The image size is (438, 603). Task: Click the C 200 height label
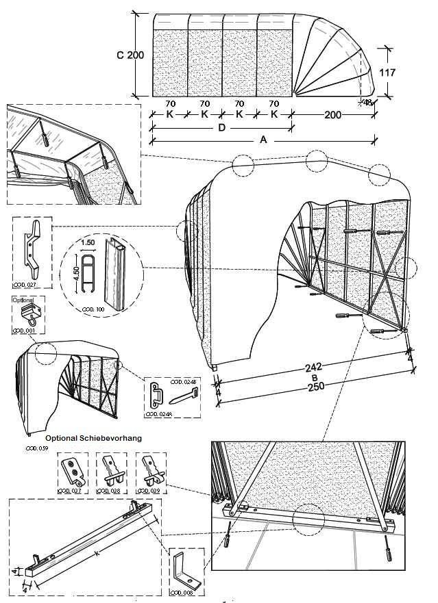point(130,55)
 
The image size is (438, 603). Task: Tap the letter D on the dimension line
point(221,127)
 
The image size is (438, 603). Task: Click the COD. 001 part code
point(24,331)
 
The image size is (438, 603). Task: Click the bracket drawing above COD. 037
point(70,472)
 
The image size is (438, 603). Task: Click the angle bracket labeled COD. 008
point(185,566)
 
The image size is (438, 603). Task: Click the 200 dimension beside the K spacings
point(334,114)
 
